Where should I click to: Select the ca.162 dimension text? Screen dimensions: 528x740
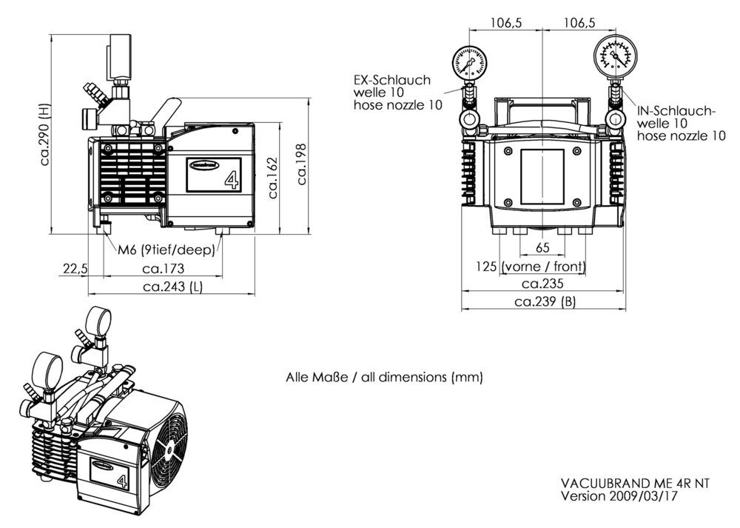click(273, 178)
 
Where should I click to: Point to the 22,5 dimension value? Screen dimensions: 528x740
click(75, 268)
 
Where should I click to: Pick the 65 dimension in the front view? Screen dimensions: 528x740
click(542, 247)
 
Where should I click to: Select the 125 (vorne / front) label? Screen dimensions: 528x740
click(531, 266)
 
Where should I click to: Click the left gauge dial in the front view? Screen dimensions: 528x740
click(468, 63)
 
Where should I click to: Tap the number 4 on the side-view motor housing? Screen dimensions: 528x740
click(229, 180)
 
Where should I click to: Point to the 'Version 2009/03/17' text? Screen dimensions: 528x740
click(619, 495)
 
